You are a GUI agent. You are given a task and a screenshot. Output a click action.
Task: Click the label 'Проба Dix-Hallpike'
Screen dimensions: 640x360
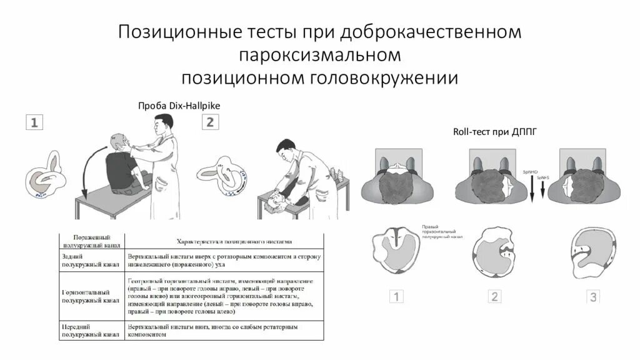click(x=179, y=106)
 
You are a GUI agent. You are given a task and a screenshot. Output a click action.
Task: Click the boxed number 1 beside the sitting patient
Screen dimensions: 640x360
click(x=34, y=122)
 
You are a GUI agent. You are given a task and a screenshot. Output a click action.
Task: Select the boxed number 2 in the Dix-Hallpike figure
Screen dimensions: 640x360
click(x=209, y=122)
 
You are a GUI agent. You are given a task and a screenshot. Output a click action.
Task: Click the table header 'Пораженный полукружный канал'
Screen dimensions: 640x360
click(x=91, y=241)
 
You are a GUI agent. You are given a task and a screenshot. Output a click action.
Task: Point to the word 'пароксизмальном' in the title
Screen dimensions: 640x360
click(x=319, y=55)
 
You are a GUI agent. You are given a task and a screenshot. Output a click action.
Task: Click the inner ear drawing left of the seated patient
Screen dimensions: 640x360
click(x=45, y=178)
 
